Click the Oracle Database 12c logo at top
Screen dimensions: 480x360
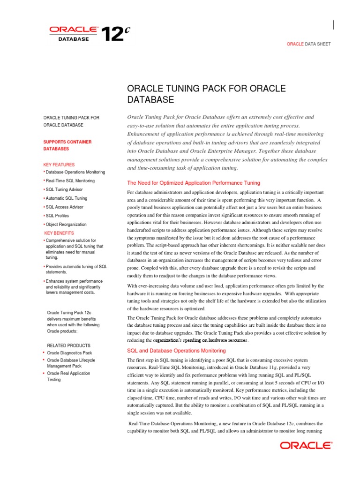tap(89, 34)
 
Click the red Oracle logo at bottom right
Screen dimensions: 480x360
tap(306, 446)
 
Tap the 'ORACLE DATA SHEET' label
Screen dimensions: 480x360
tap(308, 44)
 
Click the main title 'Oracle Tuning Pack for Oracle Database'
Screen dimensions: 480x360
tap(206, 94)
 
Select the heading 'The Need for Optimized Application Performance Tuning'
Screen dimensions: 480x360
tap(194, 183)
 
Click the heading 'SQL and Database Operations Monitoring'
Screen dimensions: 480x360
tap(170, 350)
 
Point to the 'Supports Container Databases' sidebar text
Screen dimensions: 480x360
tap(67, 145)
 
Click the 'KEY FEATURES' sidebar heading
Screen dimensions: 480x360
tap(59, 165)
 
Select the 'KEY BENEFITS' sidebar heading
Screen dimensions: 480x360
tap(59, 233)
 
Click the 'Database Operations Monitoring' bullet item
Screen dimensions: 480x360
tap(75, 172)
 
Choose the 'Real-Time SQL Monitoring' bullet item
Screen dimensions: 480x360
tap(70, 181)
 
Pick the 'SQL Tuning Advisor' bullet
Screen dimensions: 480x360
tap(64, 189)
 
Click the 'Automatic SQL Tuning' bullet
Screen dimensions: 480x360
tap(66, 198)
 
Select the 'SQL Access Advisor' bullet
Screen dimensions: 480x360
tap(64, 207)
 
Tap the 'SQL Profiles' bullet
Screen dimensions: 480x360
tap(57, 216)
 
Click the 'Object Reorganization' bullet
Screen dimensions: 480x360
tap(66, 225)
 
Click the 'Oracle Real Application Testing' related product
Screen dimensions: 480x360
tap(68, 376)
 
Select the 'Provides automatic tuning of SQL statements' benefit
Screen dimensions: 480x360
tap(76, 269)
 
